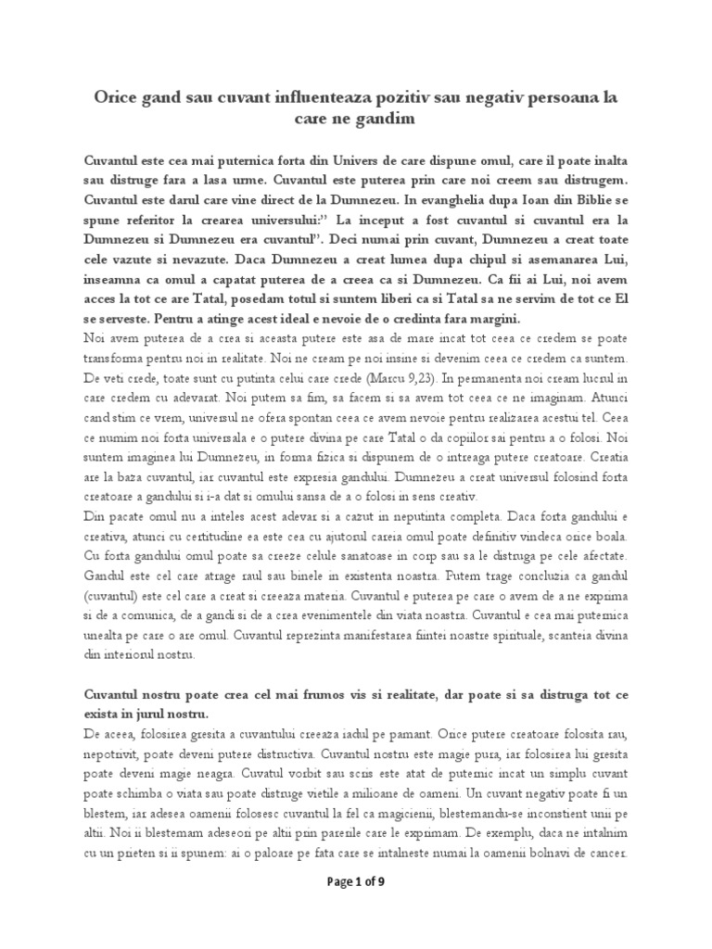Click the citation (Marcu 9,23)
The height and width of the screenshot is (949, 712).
click(372, 379)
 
